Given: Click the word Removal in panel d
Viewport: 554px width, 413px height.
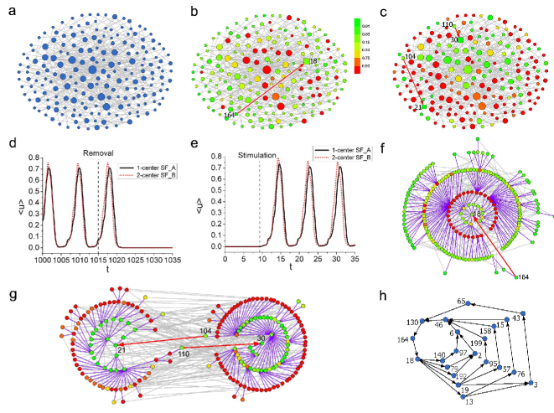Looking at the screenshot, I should [x=97, y=152].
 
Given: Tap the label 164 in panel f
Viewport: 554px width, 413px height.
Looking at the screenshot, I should [x=523, y=276].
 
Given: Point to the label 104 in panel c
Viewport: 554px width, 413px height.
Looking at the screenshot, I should [x=410, y=58].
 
